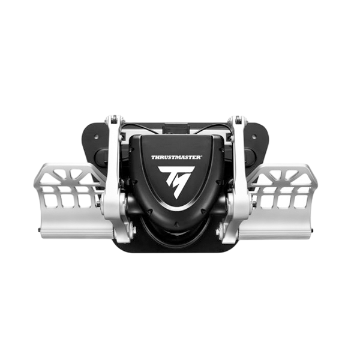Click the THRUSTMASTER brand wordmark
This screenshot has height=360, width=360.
[x=176, y=157]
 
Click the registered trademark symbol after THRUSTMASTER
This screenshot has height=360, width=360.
[x=202, y=157]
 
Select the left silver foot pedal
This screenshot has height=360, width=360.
[x=71, y=200]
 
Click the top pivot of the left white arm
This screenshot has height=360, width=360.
[x=114, y=119]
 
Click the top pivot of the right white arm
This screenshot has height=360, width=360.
[x=238, y=119]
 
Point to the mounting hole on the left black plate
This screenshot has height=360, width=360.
[x=96, y=137]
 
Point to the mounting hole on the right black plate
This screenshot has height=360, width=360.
[x=254, y=137]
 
